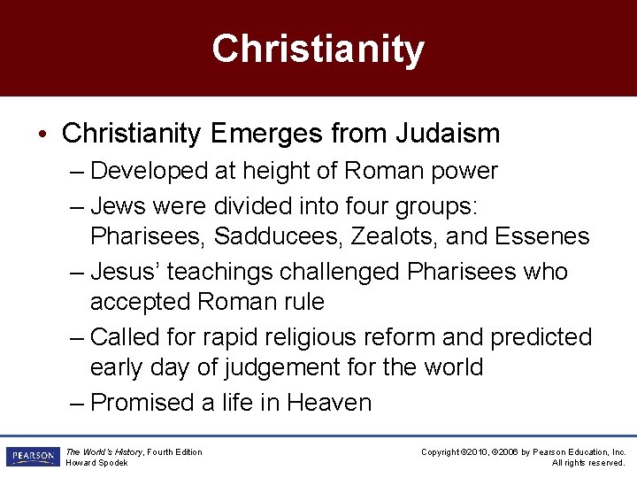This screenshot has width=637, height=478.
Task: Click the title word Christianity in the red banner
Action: tap(318, 49)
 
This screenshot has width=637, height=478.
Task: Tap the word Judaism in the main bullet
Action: tap(449, 134)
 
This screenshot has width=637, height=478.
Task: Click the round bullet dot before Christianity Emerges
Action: tap(43, 135)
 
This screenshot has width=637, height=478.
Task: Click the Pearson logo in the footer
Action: tap(32, 457)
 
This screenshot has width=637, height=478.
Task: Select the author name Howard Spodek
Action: tap(98, 463)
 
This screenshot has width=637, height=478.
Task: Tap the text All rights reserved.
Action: tap(588, 463)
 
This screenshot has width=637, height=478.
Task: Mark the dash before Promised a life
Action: tap(78, 403)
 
